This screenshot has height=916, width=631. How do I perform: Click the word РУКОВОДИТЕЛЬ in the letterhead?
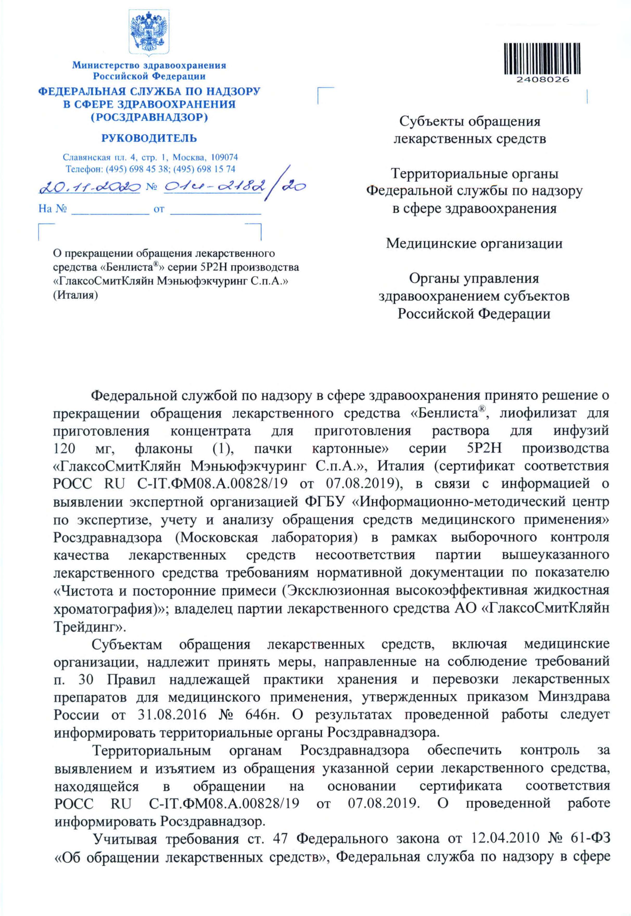[x=149, y=138]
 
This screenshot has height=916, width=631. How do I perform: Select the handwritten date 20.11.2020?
[x=90, y=187]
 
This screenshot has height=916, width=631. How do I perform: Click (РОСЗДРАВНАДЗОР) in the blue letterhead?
[x=149, y=117]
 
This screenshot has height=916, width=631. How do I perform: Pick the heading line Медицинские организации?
[x=474, y=243]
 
